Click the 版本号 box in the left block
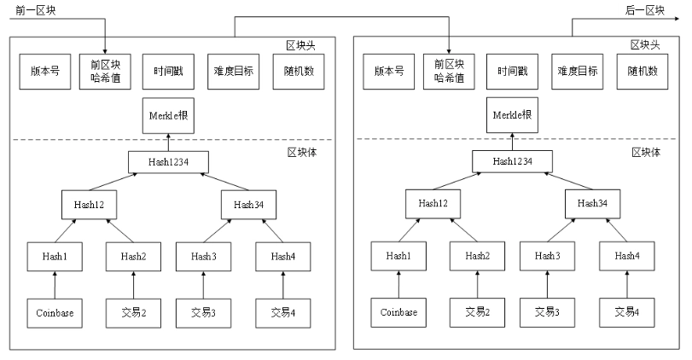(x=40, y=72)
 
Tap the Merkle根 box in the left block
(x=169, y=117)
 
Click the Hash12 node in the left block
(x=89, y=205)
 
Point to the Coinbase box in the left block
(x=54, y=313)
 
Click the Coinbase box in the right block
(x=397, y=313)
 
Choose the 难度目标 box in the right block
(x=576, y=72)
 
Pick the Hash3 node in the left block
(x=203, y=256)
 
